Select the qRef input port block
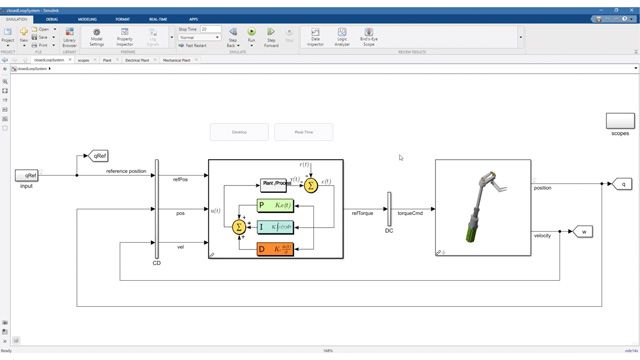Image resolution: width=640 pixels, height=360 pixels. tap(27, 175)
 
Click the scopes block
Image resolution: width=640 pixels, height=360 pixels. tap(620, 120)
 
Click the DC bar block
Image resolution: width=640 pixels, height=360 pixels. tap(389, 209)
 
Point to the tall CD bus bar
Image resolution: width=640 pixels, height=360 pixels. tap(157, 208)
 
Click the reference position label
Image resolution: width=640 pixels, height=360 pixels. tap(126, 171)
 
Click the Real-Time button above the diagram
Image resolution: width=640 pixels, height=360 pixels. tap(304, 132)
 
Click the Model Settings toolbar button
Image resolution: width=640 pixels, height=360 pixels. tap(96, 38)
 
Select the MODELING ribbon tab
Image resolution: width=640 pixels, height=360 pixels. tap(87, 19)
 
